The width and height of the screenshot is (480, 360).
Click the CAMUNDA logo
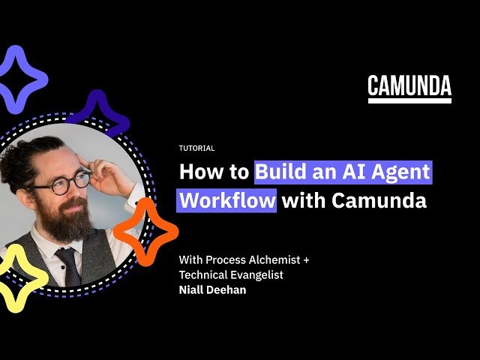(x=409, y=88)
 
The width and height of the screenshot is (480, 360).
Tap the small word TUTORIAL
(x=196, y=148)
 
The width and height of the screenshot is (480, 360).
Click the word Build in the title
(x=278, y=172)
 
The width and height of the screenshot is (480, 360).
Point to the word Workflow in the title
(x=227, y=201)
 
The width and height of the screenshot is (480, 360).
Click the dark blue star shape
(x=97, y=113)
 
